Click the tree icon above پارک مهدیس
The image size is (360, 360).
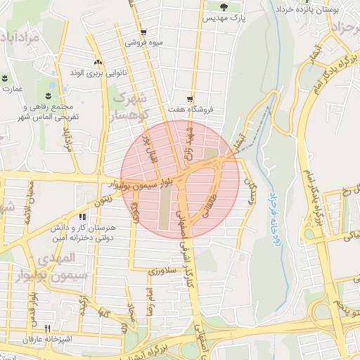pos(223,8)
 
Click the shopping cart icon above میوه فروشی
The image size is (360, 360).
pos(143,32)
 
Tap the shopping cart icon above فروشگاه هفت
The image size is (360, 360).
pos(189,99)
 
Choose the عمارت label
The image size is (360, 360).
pos(12,89)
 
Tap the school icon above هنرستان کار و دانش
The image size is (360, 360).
pos(82,217)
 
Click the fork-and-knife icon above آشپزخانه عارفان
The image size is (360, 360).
pos(48,328)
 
